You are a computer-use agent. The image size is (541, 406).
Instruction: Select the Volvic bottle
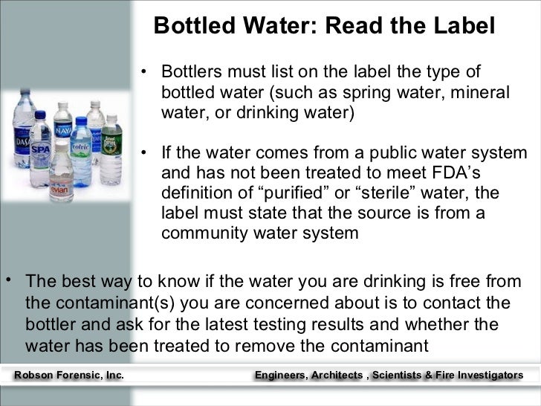coord(80,148)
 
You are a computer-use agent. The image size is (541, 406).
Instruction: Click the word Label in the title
coord(461,26)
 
